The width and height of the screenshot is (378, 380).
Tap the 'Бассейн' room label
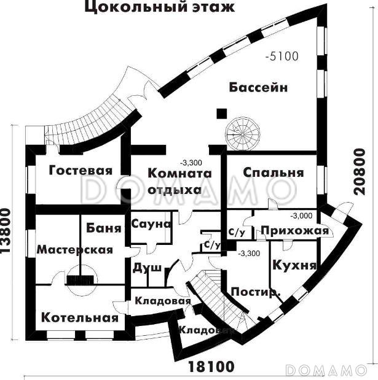pos(259,87)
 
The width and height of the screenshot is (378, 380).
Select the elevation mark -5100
pos(282,57)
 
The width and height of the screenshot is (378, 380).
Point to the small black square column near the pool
pos(221,114)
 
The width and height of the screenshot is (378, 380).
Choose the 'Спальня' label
pos(273,173)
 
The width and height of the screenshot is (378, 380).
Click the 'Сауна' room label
pos(151,225)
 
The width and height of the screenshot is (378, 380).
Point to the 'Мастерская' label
pos(75,249)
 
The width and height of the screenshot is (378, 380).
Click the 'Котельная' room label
pos(79,317)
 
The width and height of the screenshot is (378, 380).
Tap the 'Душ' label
pos(143,268)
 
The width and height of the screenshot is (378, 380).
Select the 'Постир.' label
pos(254,292)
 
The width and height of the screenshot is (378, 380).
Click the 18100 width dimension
pos(211,367)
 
